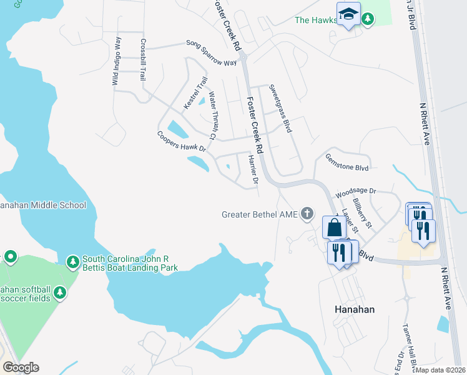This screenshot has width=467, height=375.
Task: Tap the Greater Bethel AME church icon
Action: click(x=307, y=214)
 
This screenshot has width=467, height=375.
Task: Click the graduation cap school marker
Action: click(x=348, y=14)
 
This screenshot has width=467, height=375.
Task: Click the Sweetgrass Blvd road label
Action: click(x=280, y=108)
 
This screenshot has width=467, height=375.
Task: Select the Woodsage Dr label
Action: click(x=356, y=191)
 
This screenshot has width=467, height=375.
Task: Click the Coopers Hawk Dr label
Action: click(x=181, y=142)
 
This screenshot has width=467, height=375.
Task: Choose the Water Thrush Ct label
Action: click(x=212, y=116)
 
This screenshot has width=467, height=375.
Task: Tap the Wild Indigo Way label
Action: click(x=116, y=61)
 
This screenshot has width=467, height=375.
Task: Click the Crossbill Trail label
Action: click(x=143, y=60)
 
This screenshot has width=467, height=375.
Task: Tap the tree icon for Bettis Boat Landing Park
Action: click(x=72, y=260)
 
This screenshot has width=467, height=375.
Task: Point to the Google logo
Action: click(x=21, y=367)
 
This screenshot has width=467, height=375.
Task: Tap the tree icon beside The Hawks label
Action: click(x=368, y=19)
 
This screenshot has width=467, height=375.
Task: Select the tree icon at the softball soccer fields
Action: click(x=59, y=291)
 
